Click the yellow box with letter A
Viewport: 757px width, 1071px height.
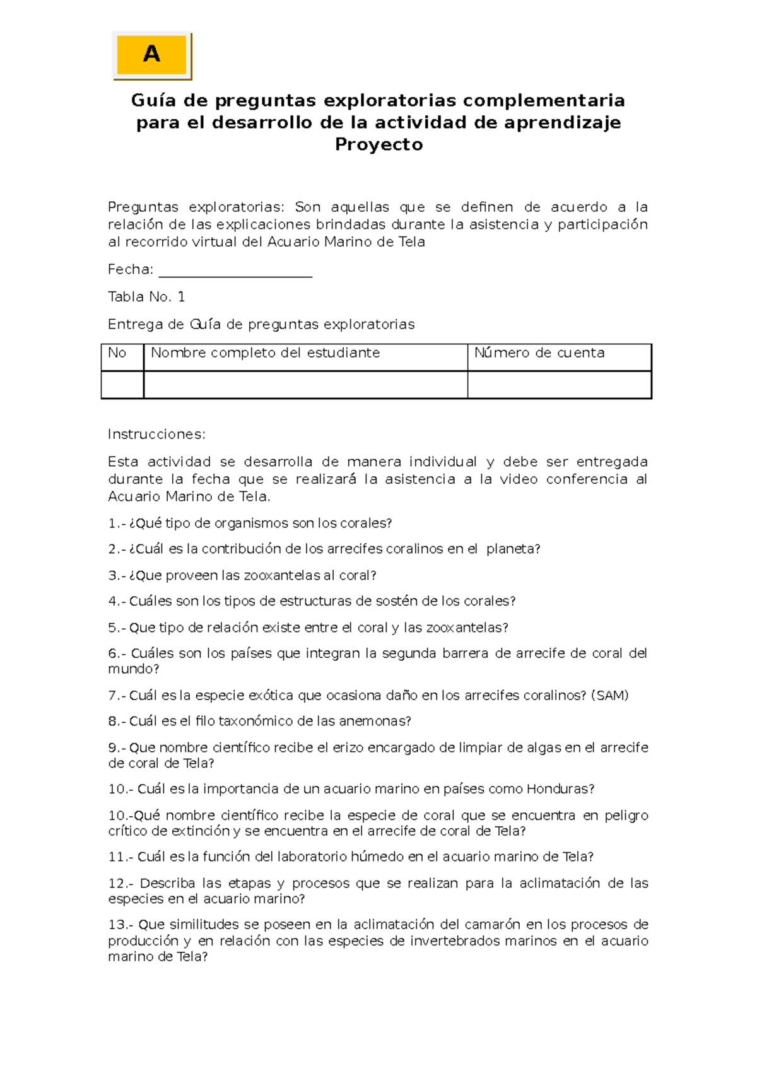point(151,55)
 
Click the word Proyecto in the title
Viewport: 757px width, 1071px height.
point(378,144)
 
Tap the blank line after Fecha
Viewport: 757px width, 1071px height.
point(235,271)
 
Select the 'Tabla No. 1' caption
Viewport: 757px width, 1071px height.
point(146,297)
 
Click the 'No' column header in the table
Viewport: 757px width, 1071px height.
point(117,353)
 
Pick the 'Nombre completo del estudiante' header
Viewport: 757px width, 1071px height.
point(265,353)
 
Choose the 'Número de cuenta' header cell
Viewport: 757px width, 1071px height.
point(539,353)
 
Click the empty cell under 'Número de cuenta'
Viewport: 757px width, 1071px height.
point(559,385)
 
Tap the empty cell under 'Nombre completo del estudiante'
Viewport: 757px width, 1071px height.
point(305,385)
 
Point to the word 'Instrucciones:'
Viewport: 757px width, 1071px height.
point(156,435)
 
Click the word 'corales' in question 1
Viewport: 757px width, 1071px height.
point(366,524)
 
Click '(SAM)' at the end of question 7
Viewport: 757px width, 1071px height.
point(610,696)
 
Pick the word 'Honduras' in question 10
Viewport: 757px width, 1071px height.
point(560,789)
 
